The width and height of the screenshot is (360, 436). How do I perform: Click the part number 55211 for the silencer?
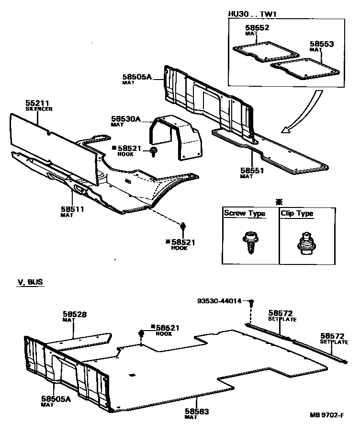tap(37, 103)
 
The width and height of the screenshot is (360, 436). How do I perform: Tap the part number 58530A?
tap(125, 118)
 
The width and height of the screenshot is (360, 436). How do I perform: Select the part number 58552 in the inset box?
tap(258, 28)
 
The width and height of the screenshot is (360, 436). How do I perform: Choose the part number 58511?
tap(72, 209)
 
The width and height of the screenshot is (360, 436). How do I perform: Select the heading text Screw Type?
tap(245, 214)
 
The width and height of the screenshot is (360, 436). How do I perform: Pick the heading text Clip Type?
tap(298, 214)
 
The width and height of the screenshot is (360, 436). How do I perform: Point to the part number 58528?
tap(75, 315)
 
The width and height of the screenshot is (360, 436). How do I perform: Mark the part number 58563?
tap(197, 411)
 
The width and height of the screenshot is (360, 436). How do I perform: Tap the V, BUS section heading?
tap(30, 282)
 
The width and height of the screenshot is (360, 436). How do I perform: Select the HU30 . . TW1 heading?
tap(252, 14)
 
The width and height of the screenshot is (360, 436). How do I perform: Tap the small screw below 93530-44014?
tap(251, 303)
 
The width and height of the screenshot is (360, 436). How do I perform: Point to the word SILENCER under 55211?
tap(39, 109)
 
